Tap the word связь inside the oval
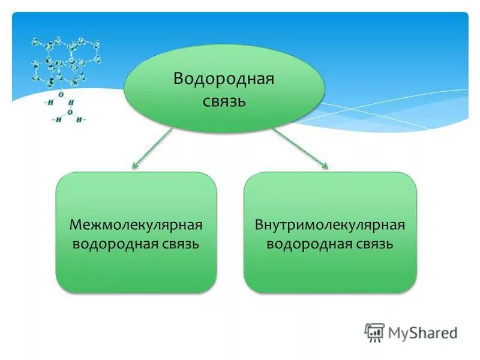pyautogui.click(x=224, y=100)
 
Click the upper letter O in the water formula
pyautogui.click(x=61, y=94)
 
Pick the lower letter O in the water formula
pyautogui.click(x=70, y=112)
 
